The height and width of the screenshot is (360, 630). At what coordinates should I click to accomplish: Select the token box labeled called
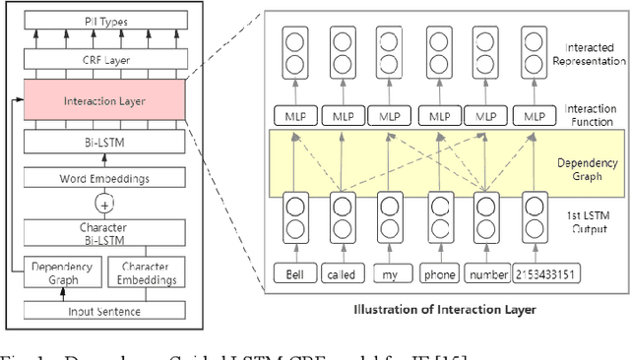click(340, 274)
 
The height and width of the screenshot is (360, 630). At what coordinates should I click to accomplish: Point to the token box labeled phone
click(438, 274)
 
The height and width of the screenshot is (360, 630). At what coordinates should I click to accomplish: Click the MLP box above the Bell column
click(292, 115)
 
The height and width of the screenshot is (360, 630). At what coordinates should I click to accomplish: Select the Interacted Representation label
click(582, 53)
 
